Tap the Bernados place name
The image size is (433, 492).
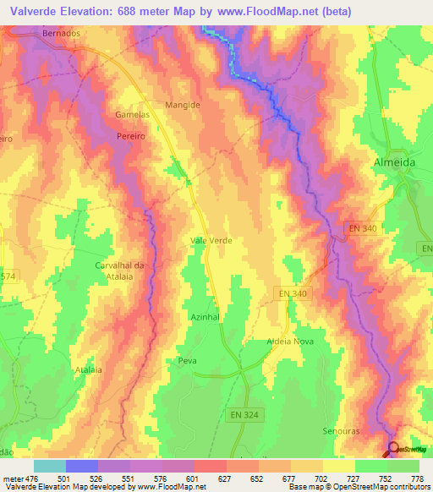(62, 35)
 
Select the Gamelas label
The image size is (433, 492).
(132, 114)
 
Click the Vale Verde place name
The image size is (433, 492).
(211, 241)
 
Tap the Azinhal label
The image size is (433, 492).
(206, 315)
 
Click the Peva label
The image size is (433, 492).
(187, 361)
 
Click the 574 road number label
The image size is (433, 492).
(8, 276)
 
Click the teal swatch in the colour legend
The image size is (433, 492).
(49, 466)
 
